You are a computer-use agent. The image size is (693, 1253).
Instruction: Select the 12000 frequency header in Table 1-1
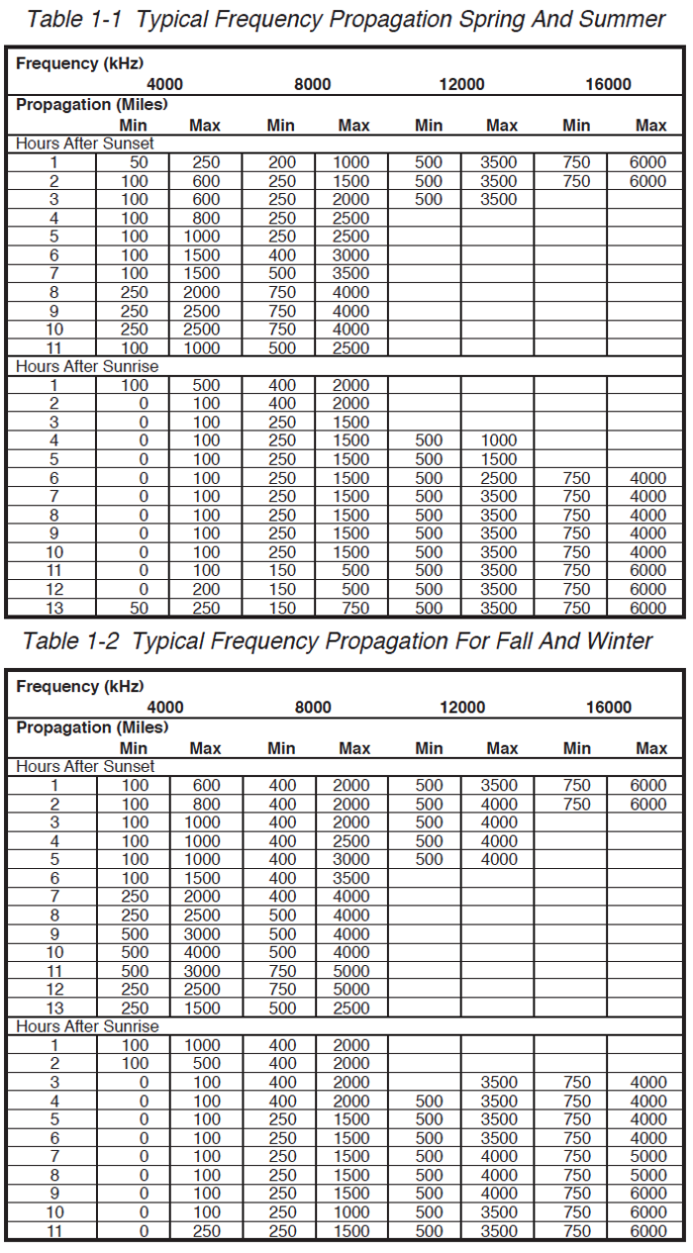[x=461, y=85]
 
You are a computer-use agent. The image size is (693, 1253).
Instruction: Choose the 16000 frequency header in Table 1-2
[x=609, y=708]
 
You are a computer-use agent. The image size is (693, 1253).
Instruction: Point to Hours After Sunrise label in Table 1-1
[x=87, y=366]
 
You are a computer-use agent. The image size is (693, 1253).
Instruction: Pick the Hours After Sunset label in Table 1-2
[x=85, y=766]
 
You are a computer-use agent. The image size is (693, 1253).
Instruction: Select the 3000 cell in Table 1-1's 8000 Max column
[x=351, y=255]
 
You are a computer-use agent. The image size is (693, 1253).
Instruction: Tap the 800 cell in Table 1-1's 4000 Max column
[x=206, y=218]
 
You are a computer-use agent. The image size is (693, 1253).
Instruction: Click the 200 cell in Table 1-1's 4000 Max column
[x=206, y=589]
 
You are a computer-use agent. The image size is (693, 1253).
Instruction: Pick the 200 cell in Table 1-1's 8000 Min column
[x=282, y=162]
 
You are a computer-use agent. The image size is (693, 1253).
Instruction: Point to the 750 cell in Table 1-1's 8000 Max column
[x=351, y=608]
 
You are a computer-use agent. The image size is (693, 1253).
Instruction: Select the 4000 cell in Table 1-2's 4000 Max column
[x=206, y=952]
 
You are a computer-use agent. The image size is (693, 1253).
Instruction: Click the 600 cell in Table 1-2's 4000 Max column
[x=206, y=786]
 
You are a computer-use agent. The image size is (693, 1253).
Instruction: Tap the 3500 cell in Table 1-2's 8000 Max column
[x=351, y=878]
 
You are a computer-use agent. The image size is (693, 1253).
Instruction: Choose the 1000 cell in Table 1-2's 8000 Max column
[x=351, y=1211]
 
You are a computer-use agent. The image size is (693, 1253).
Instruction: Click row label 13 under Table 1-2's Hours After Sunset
[x=54, y=1008]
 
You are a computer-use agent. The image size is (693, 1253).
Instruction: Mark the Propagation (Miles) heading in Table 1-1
[x=92, y=104]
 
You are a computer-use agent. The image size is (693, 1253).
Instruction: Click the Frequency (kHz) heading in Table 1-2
[x=80, y=687]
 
